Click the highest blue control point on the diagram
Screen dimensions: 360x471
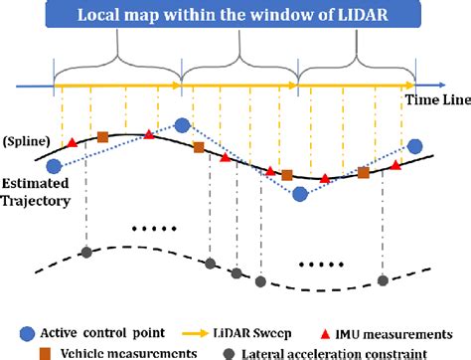click(182, 125)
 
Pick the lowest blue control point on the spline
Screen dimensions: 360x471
click(299, 194)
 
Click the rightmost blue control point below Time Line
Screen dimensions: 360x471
click(414, 145)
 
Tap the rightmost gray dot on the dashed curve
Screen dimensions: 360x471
click(384, 273)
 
